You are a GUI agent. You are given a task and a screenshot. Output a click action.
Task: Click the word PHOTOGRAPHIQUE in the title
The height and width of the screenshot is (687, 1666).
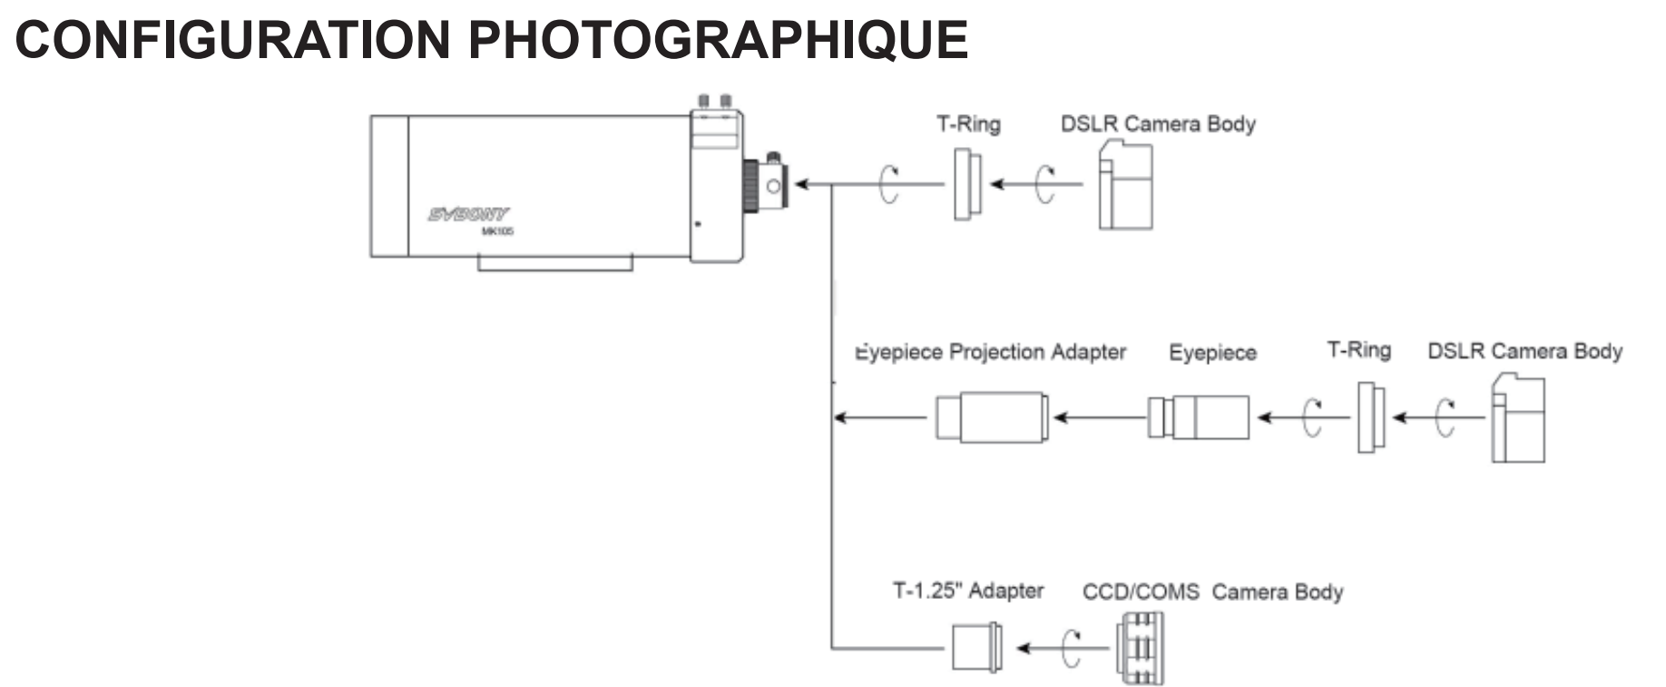(719, 40)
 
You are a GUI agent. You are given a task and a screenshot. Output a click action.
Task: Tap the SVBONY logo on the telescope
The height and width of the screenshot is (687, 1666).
(468, 214)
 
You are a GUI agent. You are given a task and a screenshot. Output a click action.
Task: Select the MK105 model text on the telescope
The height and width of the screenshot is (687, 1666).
(497, 231)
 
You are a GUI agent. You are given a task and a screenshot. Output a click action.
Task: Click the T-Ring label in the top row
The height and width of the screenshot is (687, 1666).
(968, 124)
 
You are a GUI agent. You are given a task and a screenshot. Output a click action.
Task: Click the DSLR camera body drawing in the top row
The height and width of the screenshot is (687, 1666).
(1125, 186)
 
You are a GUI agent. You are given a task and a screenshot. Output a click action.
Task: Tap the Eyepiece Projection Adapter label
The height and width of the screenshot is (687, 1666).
(991, 352)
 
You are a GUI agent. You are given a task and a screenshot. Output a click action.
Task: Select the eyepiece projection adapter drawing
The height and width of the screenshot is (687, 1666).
(992, 418)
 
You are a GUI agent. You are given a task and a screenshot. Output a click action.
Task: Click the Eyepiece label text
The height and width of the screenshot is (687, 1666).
(1212, 353)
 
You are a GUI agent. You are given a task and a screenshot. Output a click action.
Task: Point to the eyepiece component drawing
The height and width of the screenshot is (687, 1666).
(1198, 417)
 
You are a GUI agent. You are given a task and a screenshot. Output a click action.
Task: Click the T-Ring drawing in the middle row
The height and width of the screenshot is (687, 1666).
(1371, 417)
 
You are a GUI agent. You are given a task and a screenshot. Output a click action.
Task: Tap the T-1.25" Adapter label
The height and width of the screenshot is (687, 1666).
(968, 592)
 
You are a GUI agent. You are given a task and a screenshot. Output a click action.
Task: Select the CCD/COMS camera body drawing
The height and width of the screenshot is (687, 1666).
(1140, 648)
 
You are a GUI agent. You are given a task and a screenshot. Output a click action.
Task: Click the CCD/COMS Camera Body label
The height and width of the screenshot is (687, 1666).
(1212, 593)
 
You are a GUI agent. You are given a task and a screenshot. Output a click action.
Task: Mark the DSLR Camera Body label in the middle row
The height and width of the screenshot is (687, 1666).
(1524, 351)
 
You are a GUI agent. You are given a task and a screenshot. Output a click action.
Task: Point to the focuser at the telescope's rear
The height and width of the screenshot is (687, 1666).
(763, 185)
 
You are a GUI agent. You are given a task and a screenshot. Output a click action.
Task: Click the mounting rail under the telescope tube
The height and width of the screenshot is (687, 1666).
(554, 263)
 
